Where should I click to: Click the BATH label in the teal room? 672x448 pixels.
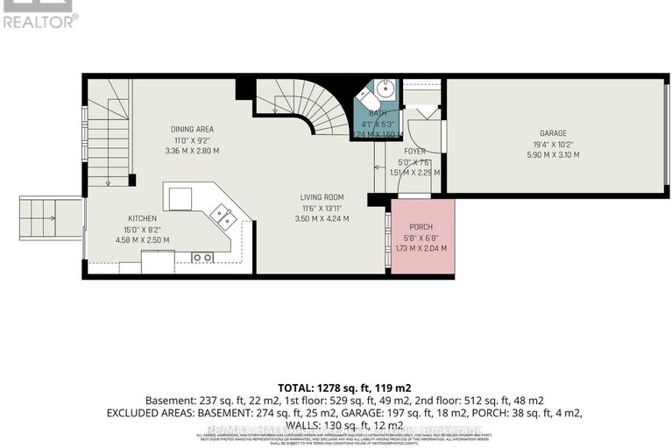[377, 113]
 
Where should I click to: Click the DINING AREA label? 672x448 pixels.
[192, 129]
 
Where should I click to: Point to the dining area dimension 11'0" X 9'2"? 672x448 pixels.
[192, 139]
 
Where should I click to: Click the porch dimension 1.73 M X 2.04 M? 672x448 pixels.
[423, 249]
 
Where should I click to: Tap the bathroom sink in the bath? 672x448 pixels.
[386, 89]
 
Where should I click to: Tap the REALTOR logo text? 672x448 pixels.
[40, 20]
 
